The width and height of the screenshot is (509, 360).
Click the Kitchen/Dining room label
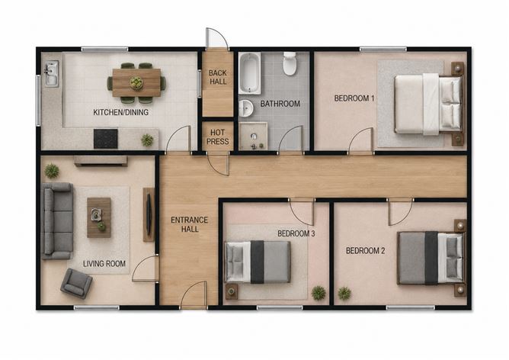coord(120,112)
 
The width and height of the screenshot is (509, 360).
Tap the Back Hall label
coord(218,77)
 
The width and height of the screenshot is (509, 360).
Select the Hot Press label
coord(217,137)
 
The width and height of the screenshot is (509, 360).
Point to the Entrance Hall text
coord(189,224)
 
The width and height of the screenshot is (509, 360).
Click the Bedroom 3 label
coord(296,233)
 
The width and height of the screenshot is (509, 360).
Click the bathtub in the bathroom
coord(250,73)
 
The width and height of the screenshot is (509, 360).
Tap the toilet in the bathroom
coord(290,63)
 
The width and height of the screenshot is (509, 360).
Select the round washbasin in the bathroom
coord(246,108)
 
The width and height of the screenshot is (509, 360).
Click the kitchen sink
coord(51,74)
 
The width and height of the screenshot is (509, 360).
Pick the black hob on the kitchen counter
coord(105,139)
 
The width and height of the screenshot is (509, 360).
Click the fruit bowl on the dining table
coord(136,83)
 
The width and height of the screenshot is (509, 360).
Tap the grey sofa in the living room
coord(57,221)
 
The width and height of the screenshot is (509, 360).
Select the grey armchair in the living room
coord(76,283)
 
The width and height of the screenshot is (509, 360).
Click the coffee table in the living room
coord(99,217)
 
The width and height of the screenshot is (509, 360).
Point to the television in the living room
coord(149,214)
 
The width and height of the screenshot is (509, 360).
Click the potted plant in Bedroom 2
coord(344,294)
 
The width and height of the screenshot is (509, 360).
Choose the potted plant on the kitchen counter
coord(147,140)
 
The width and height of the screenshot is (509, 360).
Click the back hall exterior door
coord(217,38)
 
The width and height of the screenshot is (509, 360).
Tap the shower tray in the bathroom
coord(253,136)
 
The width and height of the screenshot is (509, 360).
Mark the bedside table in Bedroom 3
coord(232,291)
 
